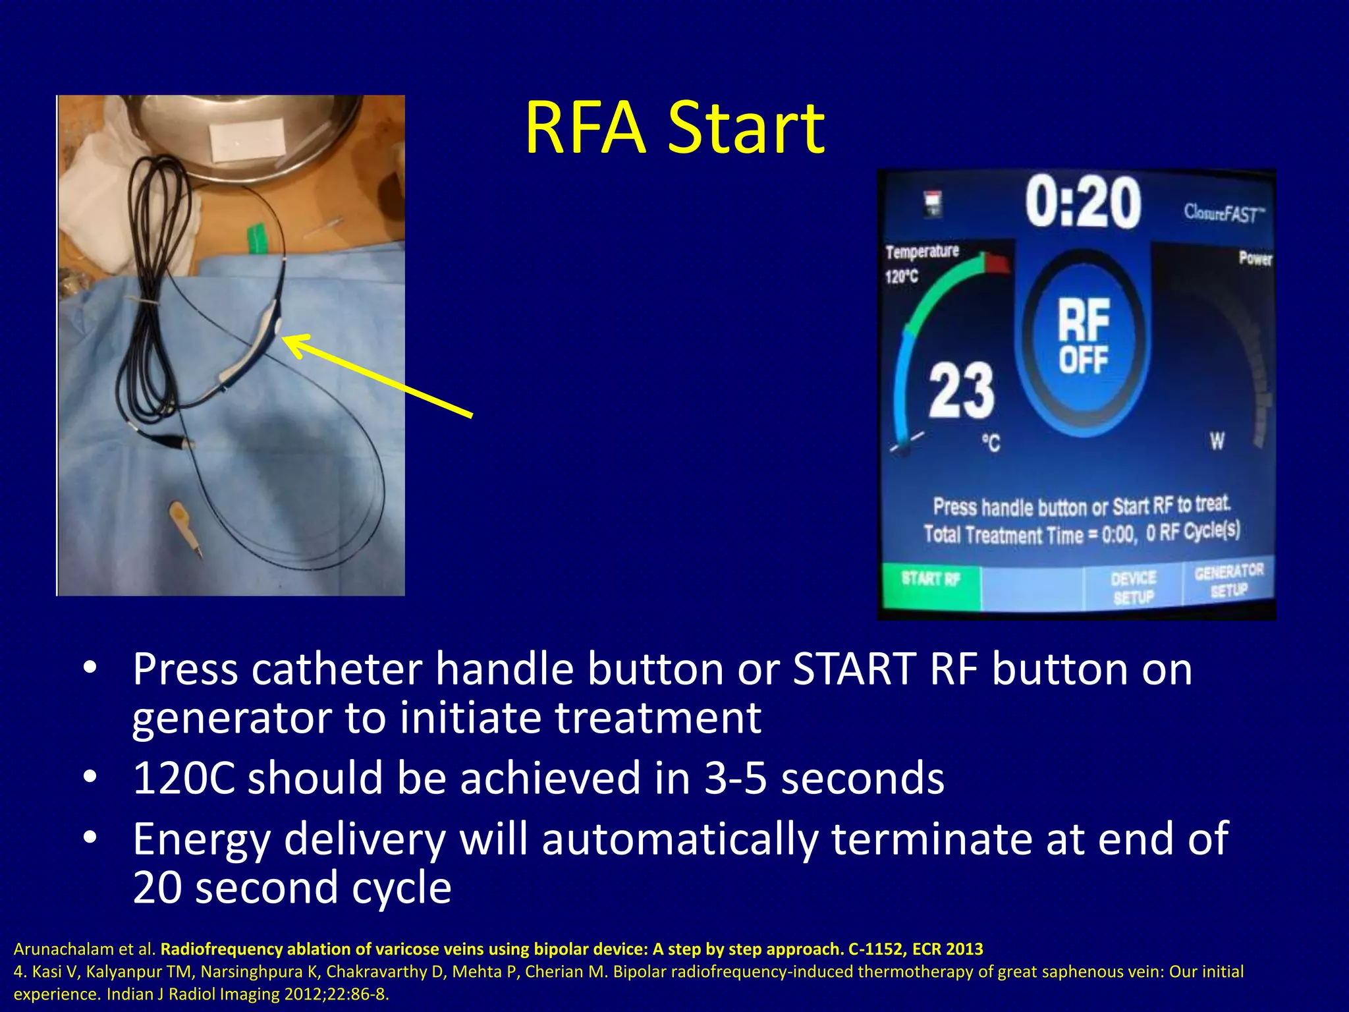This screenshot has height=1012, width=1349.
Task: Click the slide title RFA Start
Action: click(674, 128)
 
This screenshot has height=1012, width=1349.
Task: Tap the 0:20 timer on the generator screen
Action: click(1082, 203)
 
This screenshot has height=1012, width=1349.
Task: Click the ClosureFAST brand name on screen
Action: click(1224, 213)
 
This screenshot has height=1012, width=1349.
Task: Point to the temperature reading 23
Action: click(961, 391)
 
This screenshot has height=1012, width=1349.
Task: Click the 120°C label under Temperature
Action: click(901, 276)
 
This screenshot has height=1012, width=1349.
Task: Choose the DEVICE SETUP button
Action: click(1133, 587)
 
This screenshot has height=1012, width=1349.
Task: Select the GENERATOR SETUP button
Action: click(1228, 580)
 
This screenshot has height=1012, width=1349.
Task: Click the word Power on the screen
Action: click(1255, 258)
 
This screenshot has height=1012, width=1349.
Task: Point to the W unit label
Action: click(1217, 440)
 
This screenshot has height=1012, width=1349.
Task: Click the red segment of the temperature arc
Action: click(997, 263)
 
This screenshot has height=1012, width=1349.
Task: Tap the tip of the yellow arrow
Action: click(286, 339)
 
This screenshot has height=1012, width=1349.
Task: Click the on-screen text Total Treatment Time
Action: click(1003, 534)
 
